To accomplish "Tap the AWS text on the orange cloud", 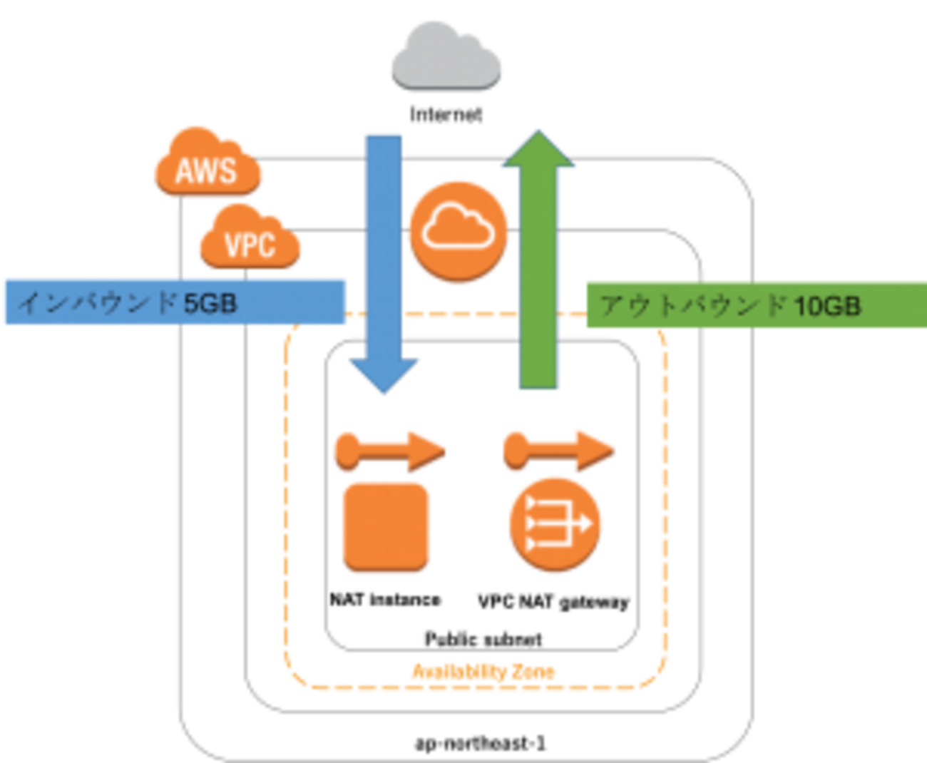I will (206, 171).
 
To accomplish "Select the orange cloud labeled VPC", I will (250, 242).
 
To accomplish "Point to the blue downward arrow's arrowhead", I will (384, 374).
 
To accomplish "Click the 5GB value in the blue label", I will (210, 303).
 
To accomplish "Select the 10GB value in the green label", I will (827, 306).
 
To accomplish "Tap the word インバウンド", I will (97, 303).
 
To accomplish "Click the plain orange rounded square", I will (386, 526).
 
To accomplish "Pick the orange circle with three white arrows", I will (555, 523).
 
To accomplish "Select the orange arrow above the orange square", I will (389, 449).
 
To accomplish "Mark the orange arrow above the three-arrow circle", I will (559, 449).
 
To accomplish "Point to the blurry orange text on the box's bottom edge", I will (483, 672).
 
